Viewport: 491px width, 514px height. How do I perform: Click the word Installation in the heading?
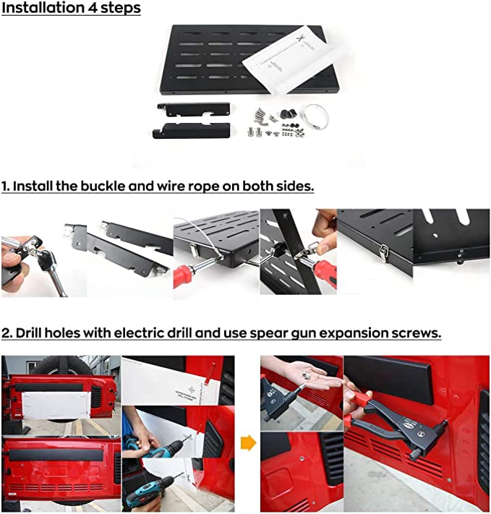click(45, 9)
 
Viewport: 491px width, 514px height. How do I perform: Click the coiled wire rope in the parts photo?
click(313, 113)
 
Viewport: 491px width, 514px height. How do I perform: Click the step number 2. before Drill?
click(7, 333)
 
